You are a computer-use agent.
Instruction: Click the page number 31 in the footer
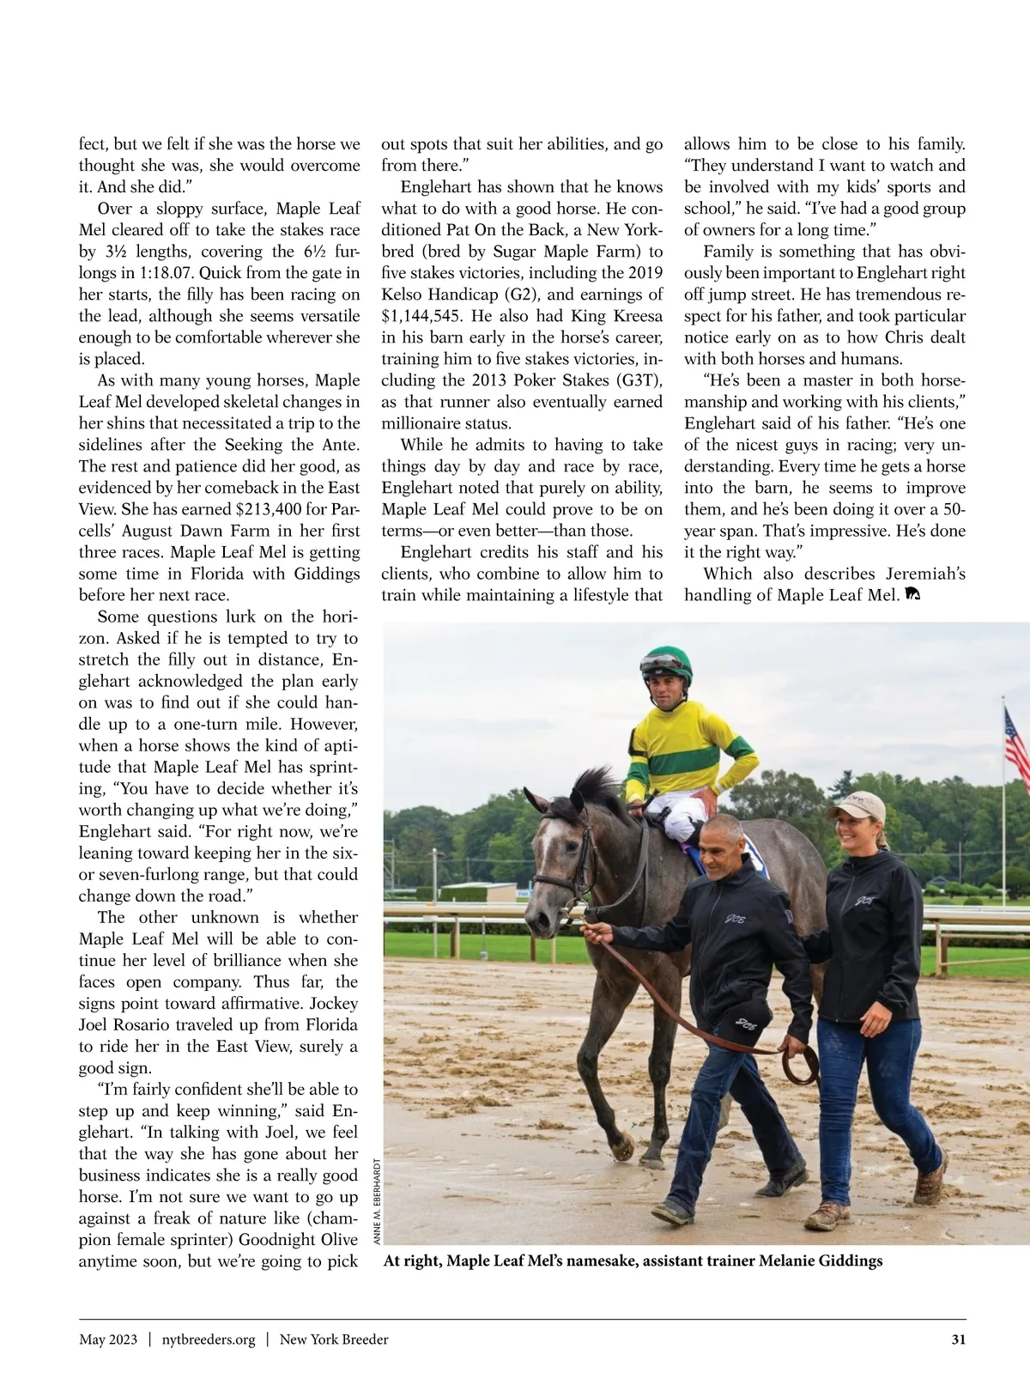click(959, 1340)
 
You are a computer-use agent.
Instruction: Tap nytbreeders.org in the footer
click(209, 1340)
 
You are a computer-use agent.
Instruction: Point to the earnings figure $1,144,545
click(425, 316)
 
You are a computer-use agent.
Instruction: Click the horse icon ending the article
click(912, 594)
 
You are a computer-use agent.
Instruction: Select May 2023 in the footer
click(108, 1340)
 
